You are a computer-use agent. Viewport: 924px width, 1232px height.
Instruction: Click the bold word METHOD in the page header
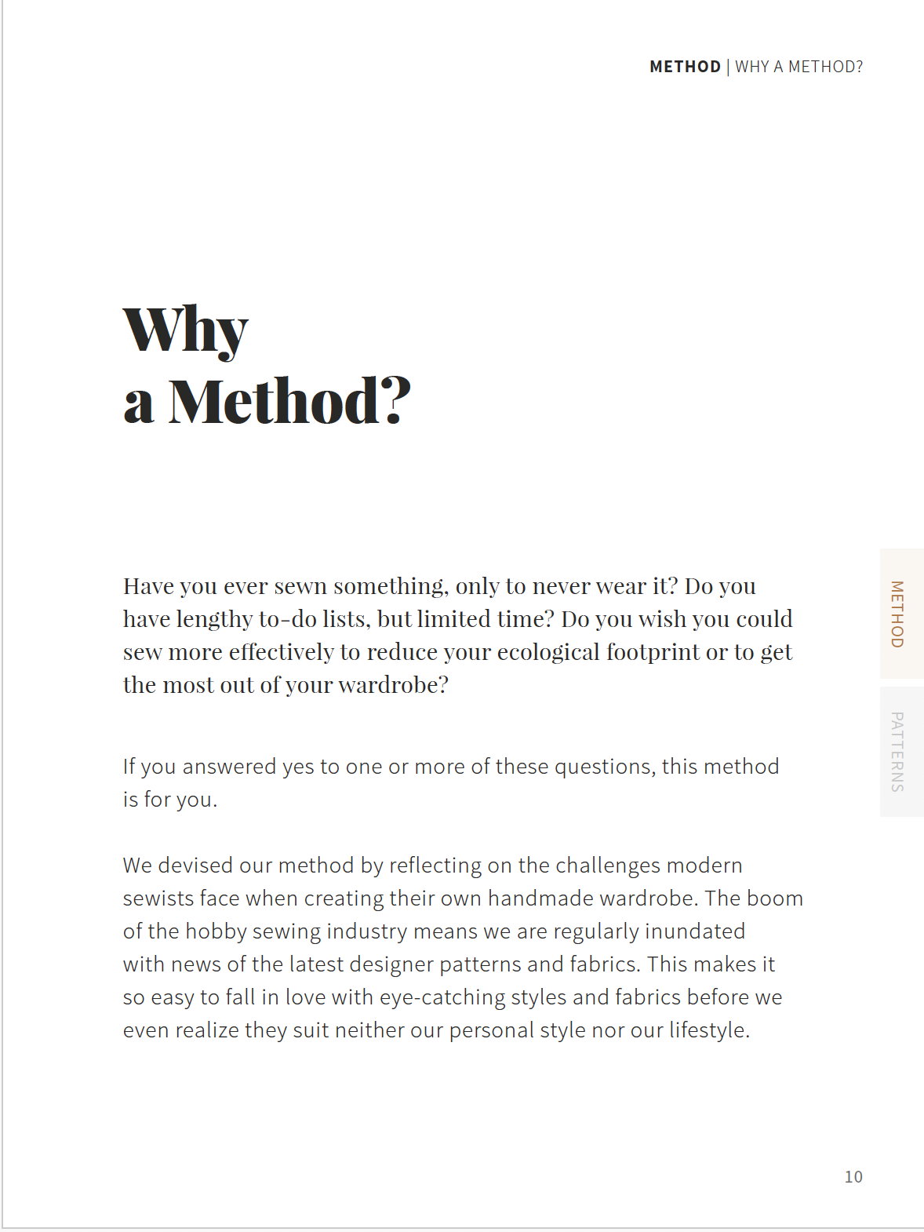coord(685,67)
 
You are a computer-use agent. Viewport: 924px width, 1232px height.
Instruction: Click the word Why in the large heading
coord(186,330)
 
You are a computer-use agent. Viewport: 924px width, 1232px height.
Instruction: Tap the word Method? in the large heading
coord(289,401)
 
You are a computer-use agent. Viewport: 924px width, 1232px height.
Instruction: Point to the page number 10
coord(853,1176)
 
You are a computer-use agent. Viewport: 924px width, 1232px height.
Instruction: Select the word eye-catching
coord(442,997)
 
